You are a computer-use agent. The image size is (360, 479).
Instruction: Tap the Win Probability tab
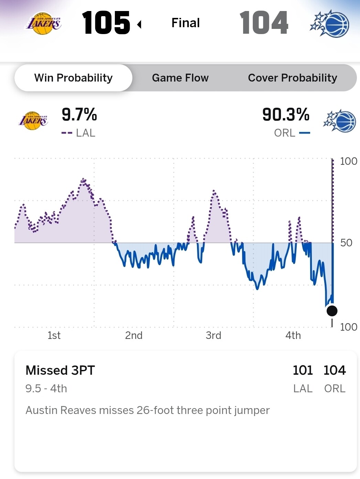coord(73,78)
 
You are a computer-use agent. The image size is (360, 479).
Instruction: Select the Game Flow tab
coord(180,78)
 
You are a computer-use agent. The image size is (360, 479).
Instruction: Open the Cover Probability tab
coord(292,78)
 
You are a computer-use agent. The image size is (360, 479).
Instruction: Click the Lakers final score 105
coord(106,23)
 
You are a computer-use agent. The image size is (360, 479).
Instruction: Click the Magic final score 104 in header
coord(264,23)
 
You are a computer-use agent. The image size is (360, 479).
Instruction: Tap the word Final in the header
coord(185,23)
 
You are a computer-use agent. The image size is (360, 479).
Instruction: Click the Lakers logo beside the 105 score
coord(44,23)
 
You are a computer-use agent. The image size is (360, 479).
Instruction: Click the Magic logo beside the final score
coord(330,23)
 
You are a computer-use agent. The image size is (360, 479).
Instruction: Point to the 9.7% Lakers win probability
coord(79,115)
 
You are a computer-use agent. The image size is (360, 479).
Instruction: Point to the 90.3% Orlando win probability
coord(285,115)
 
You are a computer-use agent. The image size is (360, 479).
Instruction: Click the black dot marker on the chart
coord(332,311)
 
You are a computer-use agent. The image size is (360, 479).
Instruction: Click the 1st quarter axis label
coord(54,335)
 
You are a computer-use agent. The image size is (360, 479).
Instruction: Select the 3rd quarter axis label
coord(213,335)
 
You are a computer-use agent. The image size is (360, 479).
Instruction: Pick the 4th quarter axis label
coord(293,335)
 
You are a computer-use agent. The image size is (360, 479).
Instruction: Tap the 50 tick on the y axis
coord(346,243)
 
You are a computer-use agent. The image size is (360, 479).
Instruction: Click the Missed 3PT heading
coord(60,370)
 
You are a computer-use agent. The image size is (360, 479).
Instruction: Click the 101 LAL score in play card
coord(303,370)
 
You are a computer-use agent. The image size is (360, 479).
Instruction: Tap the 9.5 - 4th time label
coord(46,388)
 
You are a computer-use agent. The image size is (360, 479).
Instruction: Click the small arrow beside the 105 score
coord(139,24)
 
